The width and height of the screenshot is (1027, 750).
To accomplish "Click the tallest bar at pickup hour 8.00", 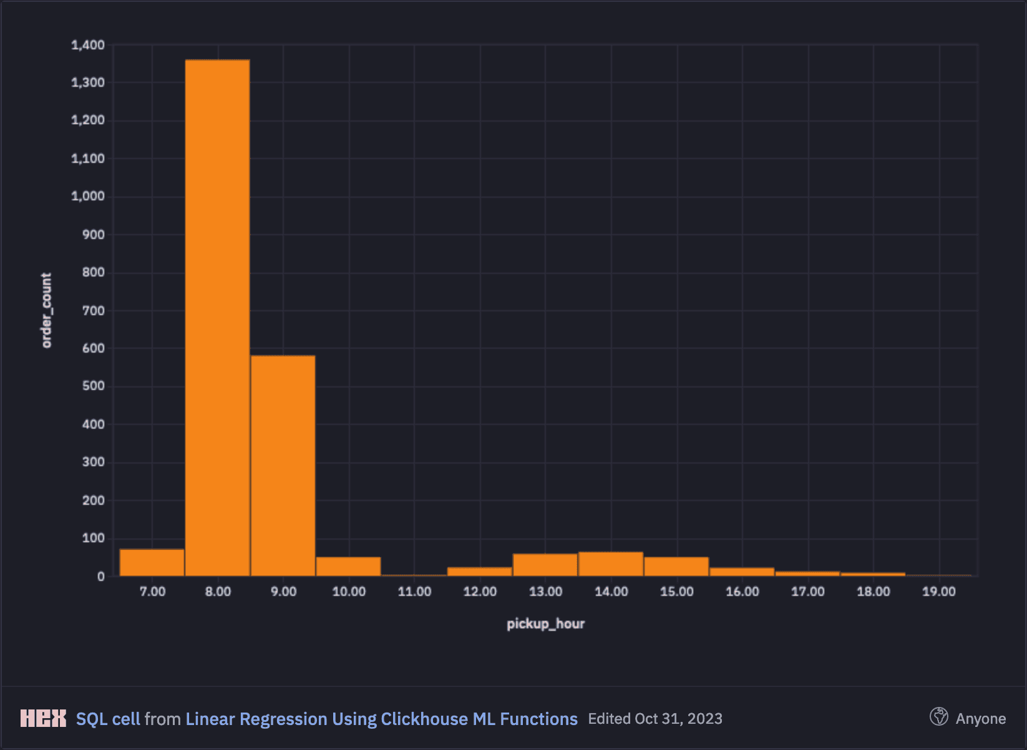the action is (x=217, y=317).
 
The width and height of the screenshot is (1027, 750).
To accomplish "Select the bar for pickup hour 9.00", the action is (x=283, y=465).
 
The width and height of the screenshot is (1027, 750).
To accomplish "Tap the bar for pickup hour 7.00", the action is (x=152, y=563).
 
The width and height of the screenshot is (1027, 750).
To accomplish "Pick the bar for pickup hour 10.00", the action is (x=348, y=566).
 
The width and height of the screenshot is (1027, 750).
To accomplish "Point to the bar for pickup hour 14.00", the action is (x=611, y=564).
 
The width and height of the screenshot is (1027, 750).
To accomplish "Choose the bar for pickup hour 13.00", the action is (x=545, y=565).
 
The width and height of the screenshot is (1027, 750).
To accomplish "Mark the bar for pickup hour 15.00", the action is (x=676, y=566).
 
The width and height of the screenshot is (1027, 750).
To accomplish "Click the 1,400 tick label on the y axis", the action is (x=88, y=45).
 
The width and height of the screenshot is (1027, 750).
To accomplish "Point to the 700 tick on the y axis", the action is (x=94, y=311).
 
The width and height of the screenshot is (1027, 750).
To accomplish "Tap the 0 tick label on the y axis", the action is (x=101, y=577).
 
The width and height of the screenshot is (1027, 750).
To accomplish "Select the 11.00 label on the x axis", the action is (x=414, y=592).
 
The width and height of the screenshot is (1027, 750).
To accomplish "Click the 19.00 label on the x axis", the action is (x=939, y=592).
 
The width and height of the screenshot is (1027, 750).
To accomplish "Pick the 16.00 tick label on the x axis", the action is (x=742, y=592).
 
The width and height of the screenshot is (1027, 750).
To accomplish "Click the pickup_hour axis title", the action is (x=545, y=624).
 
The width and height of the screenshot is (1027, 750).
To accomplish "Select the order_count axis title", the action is (x=46, y=310).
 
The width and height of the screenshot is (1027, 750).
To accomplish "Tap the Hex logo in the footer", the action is (x=43, y=718).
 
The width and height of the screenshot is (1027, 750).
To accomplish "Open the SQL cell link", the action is (x=108, y=719).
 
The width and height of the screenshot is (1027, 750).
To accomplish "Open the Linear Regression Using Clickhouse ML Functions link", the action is (x=381, y=719).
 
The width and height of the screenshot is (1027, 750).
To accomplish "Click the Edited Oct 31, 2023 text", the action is (x=655, y=718).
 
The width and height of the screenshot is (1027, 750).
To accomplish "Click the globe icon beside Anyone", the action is (x=938, y=716).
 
